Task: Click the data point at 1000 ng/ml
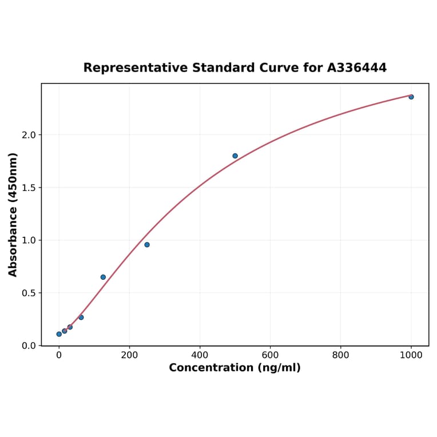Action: pyautogui.click(x=411, y=97)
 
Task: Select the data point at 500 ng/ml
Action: pyautogui.click(x=235, y=156)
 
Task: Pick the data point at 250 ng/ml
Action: pyautogui.click(x=147, y=245)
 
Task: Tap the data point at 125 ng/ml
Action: pyautogui.click(x=103, y=277)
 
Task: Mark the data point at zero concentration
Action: pyautogui.click(x=59, y=334)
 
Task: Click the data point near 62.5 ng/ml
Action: pyautogui.click(x=81, y=317)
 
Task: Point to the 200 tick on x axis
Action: pyautogui.click(x=129, y=355)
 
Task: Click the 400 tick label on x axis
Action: pyautogui.click(x=200, y=355)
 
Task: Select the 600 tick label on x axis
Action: pyautogui.click(x=270, y=355)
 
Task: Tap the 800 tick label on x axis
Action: pyautogui.click(x=340, y=355)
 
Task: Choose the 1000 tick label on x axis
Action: pyautogui.click(x=411, y=355)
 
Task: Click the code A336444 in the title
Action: pyautogui.click(x=356, y=67)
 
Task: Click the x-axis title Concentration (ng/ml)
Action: pyautogui.click(x=235, y=368)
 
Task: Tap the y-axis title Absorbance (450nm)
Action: pyautogui.click(x=13, y=214)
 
